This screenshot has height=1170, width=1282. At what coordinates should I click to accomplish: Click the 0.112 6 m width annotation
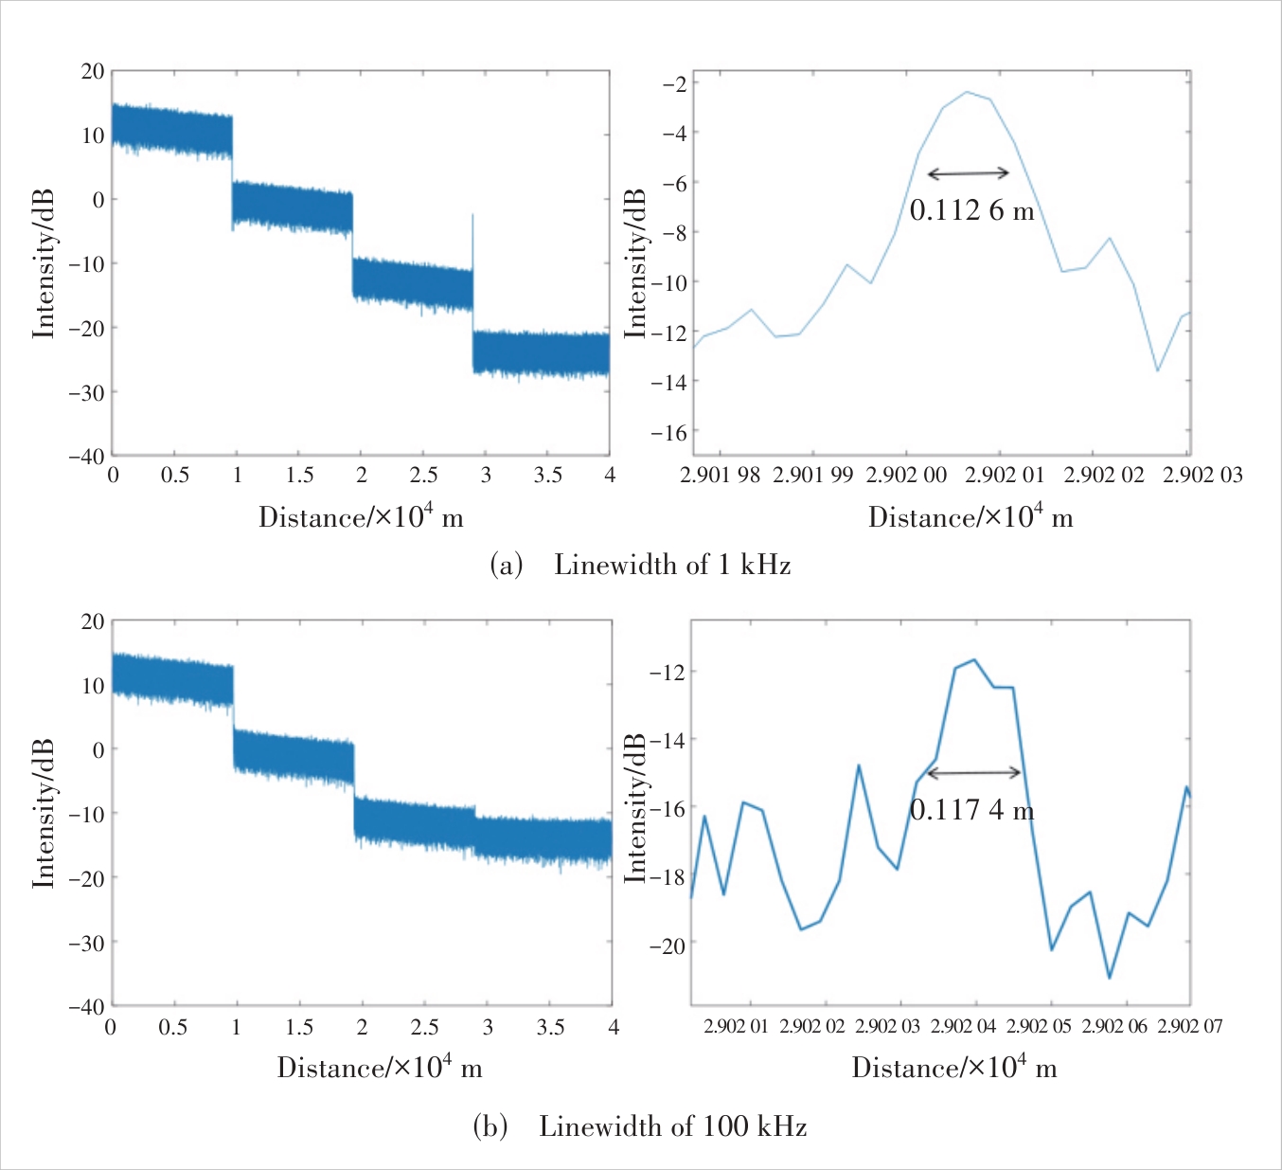pyautogui.click(x=971, y=210)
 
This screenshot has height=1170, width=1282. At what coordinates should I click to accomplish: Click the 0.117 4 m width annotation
pyautogui.click(x=971, y=810)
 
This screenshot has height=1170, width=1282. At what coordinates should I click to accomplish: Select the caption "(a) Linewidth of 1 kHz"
pyautogui.click(x=640, y=566)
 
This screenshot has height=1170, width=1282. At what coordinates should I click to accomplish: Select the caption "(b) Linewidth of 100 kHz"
pyautogui.click(x=640, y=1126)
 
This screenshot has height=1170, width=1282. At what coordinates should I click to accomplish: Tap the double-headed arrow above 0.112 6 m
pyautogui.click(x=968, y=173)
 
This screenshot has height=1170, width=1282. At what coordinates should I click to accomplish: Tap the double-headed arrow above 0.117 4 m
pyautogui.click(x=973, y=773)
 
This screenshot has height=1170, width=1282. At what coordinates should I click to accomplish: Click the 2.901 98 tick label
pyautogui.click(x=720, y=476)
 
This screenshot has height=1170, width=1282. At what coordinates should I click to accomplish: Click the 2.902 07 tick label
pyautogui.click(x=1189, y=1027)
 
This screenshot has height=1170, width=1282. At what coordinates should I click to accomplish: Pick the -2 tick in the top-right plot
pyautogui.click(x=674, y=83)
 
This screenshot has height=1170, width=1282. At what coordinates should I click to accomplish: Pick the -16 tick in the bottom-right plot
pyautogui.click(x=668, y=808)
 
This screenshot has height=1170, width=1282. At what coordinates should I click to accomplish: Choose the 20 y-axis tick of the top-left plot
pyautogui.click(x=93, y=71)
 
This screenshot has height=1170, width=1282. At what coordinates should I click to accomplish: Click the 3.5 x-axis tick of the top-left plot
pyautogui.click(x=547, y=476)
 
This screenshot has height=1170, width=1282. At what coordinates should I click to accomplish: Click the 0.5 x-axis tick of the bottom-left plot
pyautogui.click(x=172, y=1028)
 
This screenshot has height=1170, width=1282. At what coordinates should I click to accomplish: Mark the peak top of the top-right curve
pyautogui.click(x=967, y=92)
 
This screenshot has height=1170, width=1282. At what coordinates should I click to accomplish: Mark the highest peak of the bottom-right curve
pyautogui.click(x=974, y=659)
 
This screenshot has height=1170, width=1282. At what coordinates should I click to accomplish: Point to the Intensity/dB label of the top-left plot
pyautogui.click(x=44, y=263)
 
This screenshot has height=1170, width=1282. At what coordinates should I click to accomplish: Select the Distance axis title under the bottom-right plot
pyautogui.click(x=953, y=1069)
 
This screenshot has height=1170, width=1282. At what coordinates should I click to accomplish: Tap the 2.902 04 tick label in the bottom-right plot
pyautogui.click(x=963, y=1027)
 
